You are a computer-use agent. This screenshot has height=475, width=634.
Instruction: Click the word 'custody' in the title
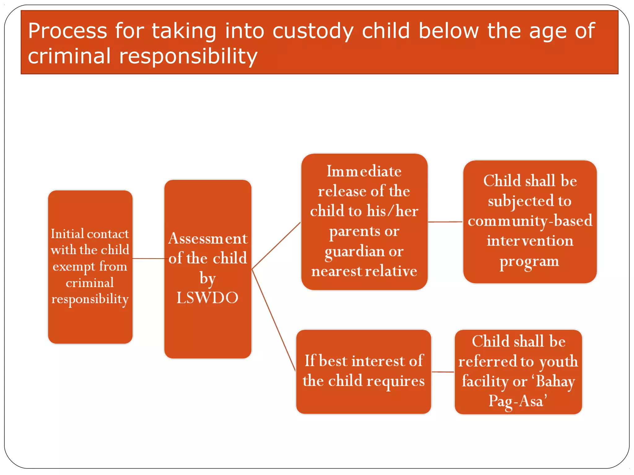tap(313, 31)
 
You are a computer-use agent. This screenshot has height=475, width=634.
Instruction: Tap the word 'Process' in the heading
tap(67, 31)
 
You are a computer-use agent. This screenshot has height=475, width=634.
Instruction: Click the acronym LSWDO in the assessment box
tap(207, 298)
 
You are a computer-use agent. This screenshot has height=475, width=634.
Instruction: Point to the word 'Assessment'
tap(208, 238)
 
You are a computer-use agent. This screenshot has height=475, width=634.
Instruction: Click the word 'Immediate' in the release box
tap(364, 171)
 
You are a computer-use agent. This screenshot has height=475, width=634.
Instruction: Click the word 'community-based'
tap(530, 221)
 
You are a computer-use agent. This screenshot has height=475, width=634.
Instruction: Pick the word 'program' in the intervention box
tap(529, 262)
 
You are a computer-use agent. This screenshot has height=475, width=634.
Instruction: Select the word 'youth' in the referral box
tap(558, 362)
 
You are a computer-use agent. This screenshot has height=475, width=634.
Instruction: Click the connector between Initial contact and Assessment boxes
tap(148, 258)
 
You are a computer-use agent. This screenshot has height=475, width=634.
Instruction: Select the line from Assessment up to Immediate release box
tap(276, 246)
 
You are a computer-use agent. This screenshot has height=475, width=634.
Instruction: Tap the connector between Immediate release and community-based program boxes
tap(445, 222)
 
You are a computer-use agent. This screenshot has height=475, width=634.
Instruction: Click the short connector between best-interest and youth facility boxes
tap(443, 372)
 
